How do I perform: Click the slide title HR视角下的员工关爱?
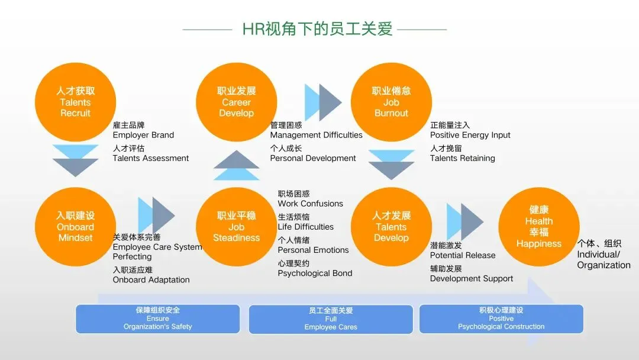[318, 29]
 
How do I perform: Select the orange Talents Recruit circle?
[75, 102]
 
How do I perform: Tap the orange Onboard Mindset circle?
[75, 227]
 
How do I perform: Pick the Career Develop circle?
[236, 102]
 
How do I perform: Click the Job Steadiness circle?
[236, 227]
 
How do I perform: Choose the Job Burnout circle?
[391, 102]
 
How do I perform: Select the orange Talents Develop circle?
[391, 227]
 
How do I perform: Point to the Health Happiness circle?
[538, 227]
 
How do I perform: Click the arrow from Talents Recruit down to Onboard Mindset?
[75, 160]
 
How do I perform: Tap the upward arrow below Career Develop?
[236, 165]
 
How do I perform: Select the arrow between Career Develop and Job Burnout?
[323, 102]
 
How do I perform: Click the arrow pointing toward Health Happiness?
[464, 221]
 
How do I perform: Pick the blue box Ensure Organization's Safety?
[157, 319]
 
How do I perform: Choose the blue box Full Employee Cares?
[331, 319]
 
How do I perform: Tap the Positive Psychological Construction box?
[501, 319]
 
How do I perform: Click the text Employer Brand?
[143, 135]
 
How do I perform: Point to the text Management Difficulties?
[316, 135]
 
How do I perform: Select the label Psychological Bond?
[315, 274]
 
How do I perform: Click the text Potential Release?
[463, 255]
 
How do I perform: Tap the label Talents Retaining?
[463, 158]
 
